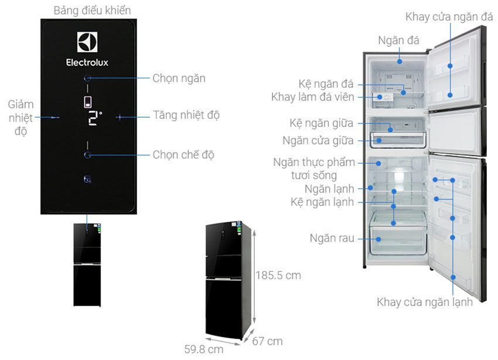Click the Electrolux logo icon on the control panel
[x=87, y=42]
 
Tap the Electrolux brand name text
[x=87, y=63]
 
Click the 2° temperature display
[x=94, y=118]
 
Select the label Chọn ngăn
[x=179, y=78]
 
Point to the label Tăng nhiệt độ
[x=186, y=115]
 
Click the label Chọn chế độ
[x=183, y=155]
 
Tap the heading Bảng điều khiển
[x=92, y=11]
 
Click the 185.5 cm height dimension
[x=278, y=275]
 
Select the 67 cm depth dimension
[x=267, y=341]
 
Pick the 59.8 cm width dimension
[x=203, y=349]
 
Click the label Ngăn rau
[x=332, y=238]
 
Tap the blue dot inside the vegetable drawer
[x=378, y=239]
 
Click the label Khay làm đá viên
[x=312, y=97]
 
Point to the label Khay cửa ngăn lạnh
[x=425, y=302]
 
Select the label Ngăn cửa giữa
[x=318, y=140]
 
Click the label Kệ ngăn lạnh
[x=322, y=202]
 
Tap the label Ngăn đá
[x=398, y=40]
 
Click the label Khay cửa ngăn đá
[x=449, y=16]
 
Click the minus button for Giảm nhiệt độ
[x=55, y=118]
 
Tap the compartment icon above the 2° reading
[x=88, y=102]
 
